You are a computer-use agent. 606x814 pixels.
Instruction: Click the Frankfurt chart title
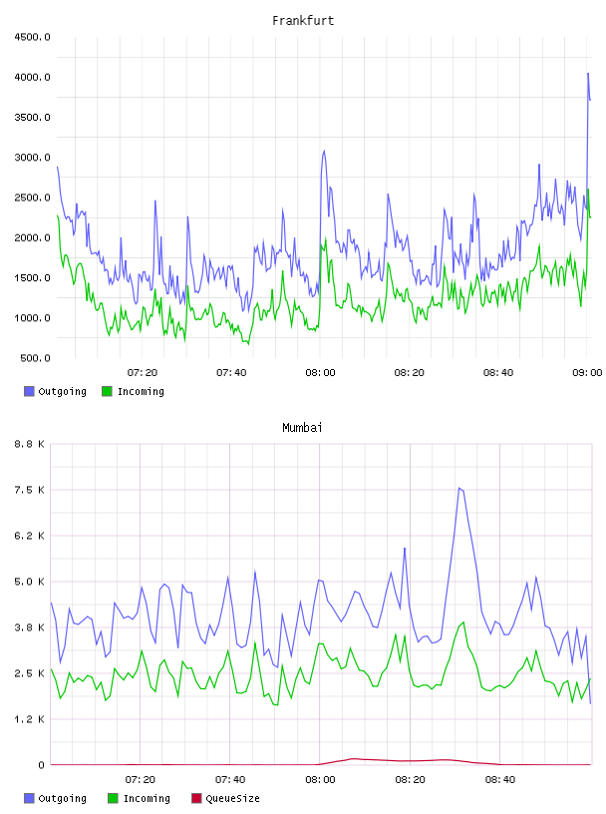tap(303, 21)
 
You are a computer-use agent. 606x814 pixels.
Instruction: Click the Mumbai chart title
tap(302, 428)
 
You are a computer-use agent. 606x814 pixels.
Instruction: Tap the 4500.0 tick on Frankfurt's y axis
tap(32, 37)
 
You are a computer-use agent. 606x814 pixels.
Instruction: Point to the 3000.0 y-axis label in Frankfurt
tap(32, 158)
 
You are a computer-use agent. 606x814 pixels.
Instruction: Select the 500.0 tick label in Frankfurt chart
tap(35, 358)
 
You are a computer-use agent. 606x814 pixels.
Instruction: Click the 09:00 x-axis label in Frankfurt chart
tap(587, 373)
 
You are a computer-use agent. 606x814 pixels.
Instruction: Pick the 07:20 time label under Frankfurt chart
tap(143, 373)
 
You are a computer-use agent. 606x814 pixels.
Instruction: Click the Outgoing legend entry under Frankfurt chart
tap(56, 391)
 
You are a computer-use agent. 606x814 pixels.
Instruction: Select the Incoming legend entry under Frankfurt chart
tap(134, 391)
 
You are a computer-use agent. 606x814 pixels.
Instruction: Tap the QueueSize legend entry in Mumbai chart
tap(225, 798)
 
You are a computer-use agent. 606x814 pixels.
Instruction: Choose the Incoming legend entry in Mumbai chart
tap(140, 798)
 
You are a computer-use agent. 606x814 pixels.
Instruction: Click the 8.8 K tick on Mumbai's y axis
tap(30, 444)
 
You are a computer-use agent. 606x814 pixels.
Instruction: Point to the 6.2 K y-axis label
tap(30, 536)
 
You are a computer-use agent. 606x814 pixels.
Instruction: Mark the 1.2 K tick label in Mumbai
tap(30, 719)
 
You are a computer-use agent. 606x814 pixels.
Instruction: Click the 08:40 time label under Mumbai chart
tap(500, 780)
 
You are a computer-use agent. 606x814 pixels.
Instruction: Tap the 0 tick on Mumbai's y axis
tap(42, 765)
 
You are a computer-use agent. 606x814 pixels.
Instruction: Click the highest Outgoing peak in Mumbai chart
tap(459, 488)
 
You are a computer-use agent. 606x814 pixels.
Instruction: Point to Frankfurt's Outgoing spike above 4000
tap(588, 74)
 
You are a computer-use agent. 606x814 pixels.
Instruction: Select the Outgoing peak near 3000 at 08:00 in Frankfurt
tap(324, 151)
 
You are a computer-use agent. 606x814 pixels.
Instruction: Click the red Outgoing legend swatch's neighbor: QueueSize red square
tap(196, 798)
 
